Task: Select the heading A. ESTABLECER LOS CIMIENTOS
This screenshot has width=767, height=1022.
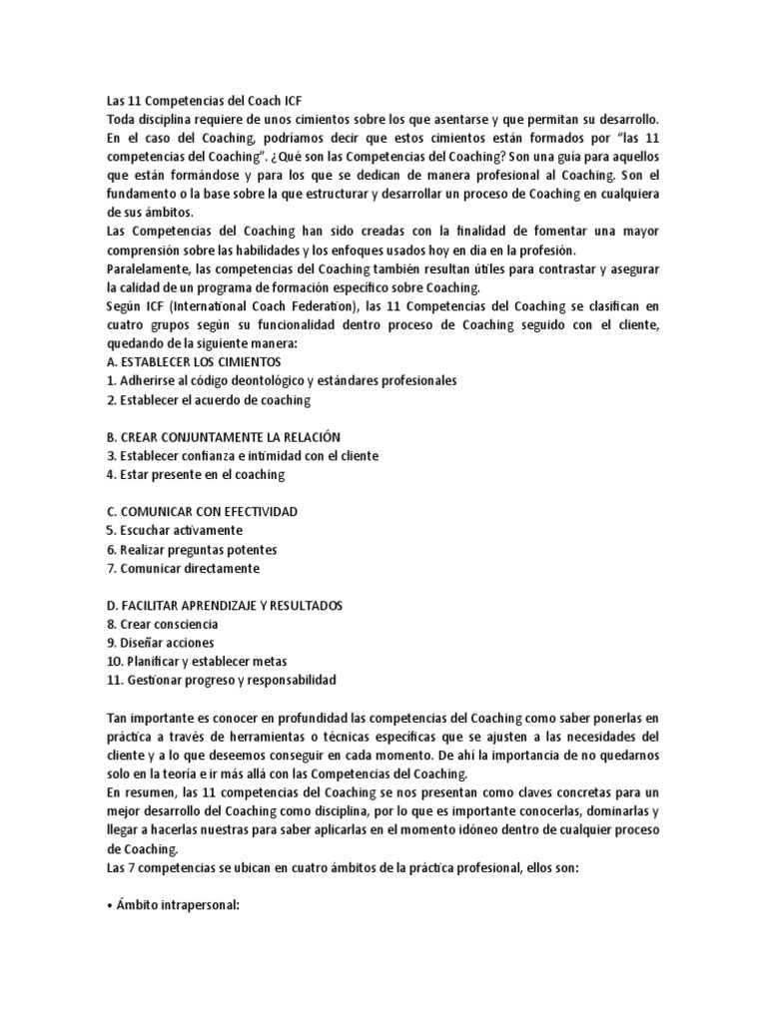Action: [x=194, y=361]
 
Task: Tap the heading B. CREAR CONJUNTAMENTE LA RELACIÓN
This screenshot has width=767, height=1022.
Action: [x=223, y=437]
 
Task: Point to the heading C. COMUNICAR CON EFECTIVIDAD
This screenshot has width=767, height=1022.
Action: [x=202, y=512]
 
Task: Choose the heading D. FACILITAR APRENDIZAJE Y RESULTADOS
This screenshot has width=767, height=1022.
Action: [x=225, y=606]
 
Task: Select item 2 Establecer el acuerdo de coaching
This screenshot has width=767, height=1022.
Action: [x=209, y=399]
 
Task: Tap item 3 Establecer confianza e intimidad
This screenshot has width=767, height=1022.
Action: [x=242, y=455]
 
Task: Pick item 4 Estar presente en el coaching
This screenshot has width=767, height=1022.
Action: [x=195, y=474]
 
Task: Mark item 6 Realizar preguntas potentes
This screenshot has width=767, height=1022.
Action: [x=191, y=549]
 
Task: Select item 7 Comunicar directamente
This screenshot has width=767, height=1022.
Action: [x=182, y=568]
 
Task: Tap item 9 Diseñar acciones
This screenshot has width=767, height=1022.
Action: [x=160, y=643]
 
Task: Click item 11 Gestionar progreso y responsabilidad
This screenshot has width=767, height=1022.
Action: [x=221, y=680]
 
